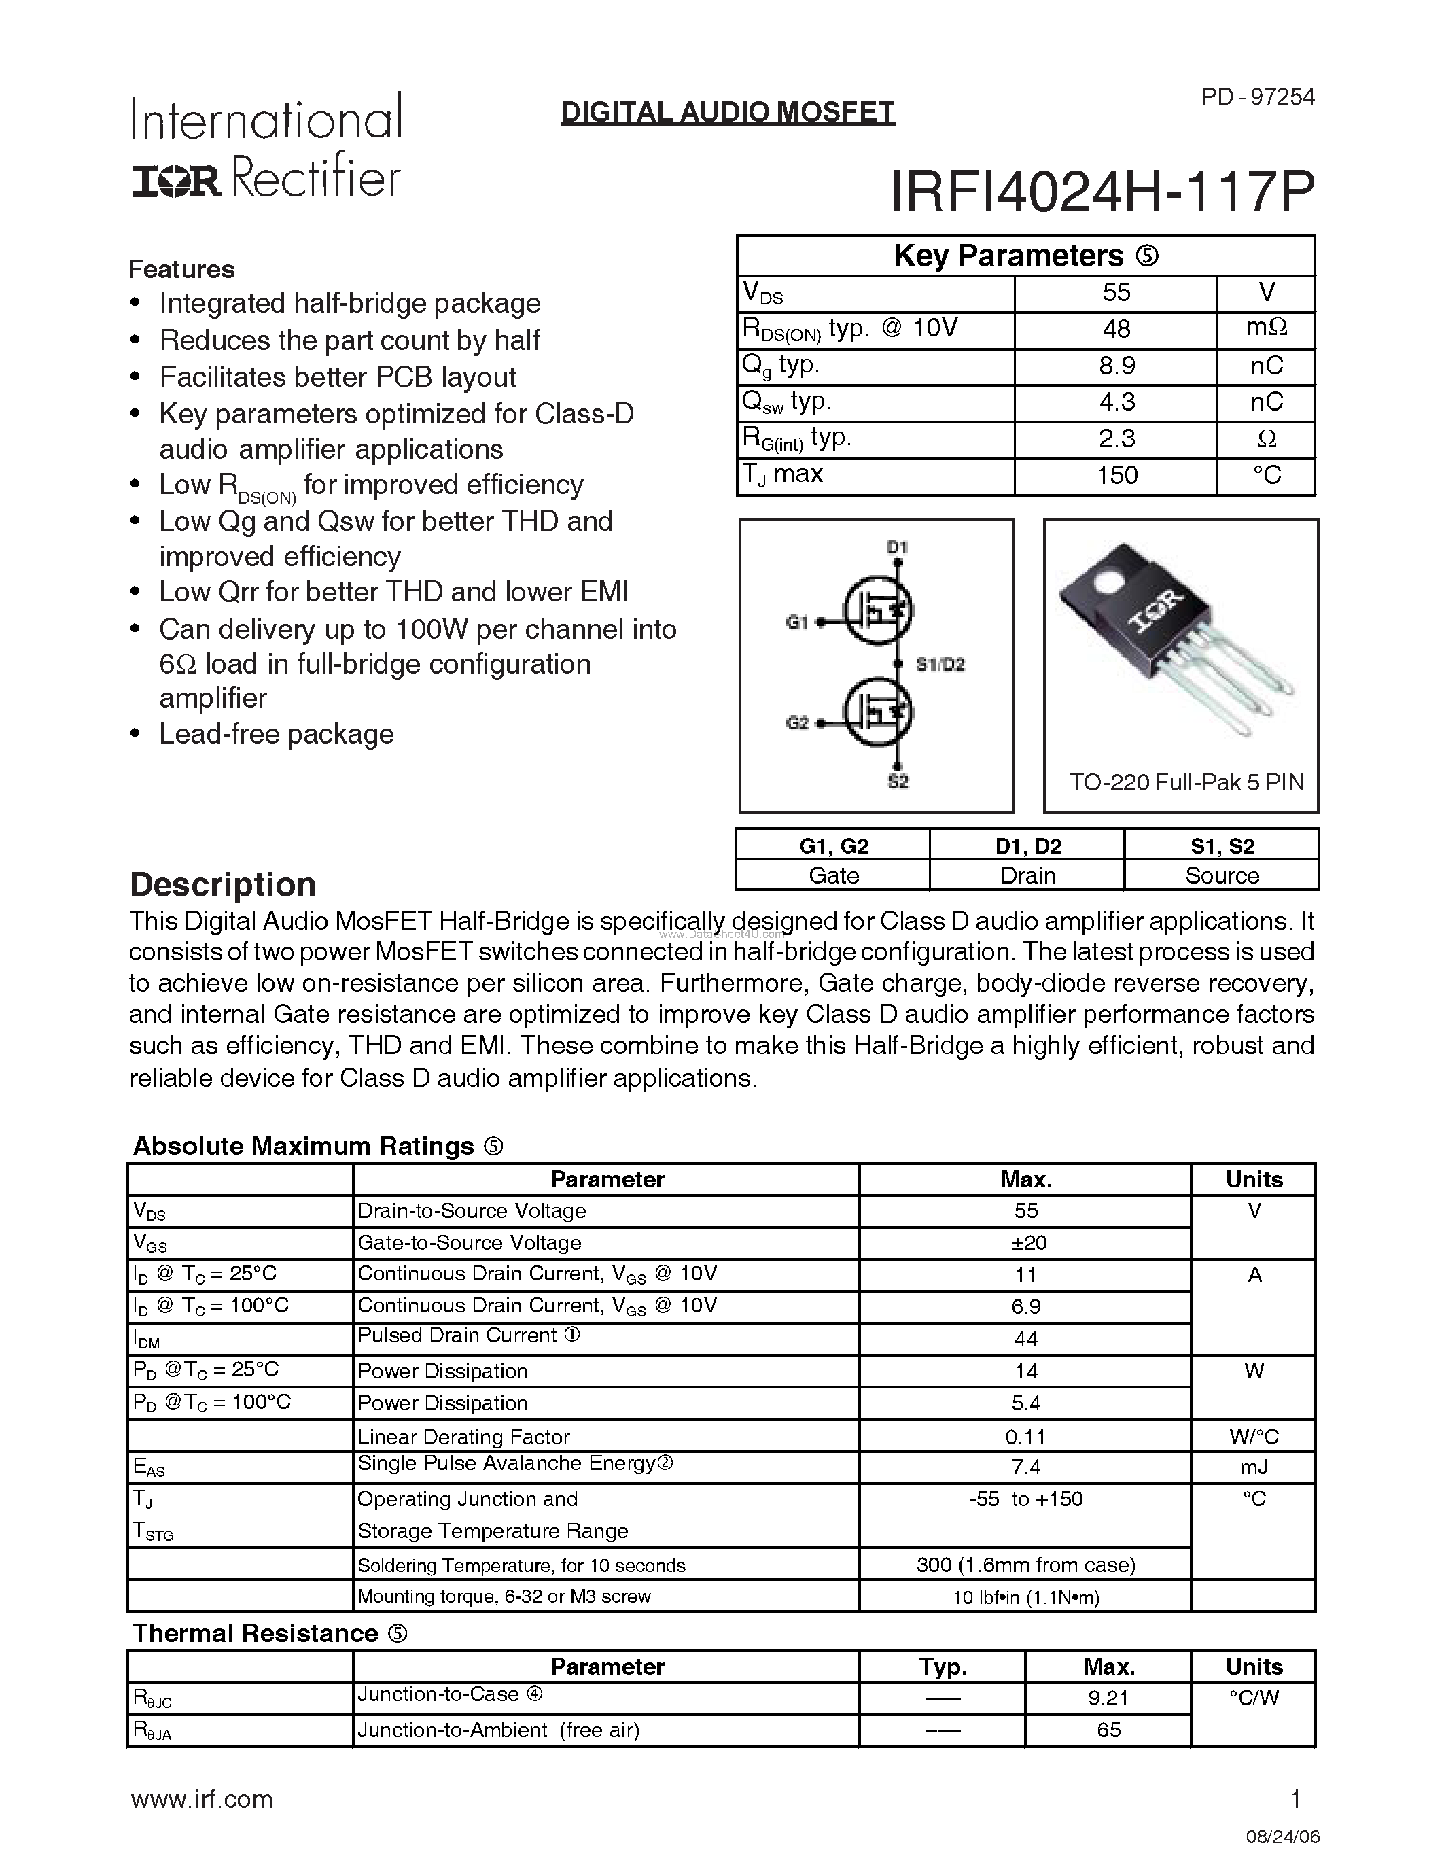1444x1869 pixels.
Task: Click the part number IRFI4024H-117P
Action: point(1102,192)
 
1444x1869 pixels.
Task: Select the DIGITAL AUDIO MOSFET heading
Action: point(727,112)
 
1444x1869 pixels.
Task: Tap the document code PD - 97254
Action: point(1258,97)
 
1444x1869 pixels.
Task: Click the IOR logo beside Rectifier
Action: point(176,181)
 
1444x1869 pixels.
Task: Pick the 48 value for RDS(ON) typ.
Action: point(1116,330)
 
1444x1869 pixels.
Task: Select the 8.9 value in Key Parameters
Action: point(1116,366)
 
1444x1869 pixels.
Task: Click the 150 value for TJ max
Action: point(1116,476)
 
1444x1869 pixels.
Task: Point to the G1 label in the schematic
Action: point(797,623)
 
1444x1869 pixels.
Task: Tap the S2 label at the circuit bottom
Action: point(898,782)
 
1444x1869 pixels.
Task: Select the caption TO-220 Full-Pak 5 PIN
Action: point(1186,782)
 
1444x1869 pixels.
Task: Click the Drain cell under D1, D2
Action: point(1027,875)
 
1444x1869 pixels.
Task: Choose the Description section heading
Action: point(222,884)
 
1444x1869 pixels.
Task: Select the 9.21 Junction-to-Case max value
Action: point(1109,1698)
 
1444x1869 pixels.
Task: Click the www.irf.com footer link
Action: point(202,1800)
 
